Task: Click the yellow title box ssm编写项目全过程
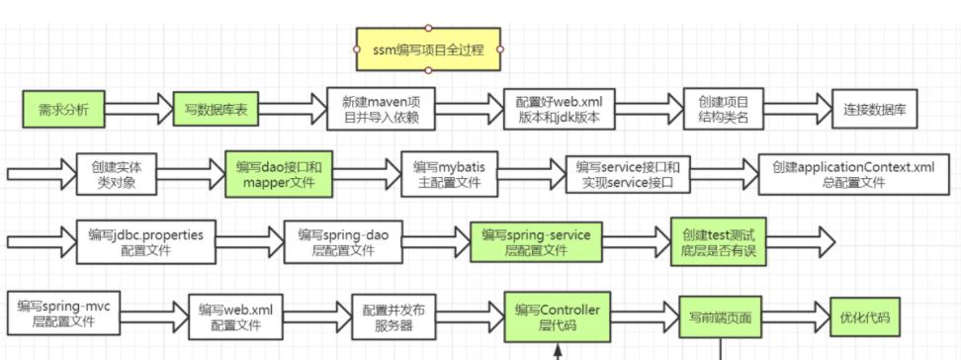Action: (428, 49)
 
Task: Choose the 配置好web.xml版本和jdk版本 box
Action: (559, 110)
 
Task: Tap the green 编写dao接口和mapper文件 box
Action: (278, 174)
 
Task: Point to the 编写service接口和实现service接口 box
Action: (628, 174)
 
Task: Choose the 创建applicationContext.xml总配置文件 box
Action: (852, 174)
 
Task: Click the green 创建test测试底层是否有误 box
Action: (717, 241)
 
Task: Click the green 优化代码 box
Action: (864, 317)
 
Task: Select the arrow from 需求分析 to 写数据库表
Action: (137, 110)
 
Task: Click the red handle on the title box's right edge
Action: (500, 49)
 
